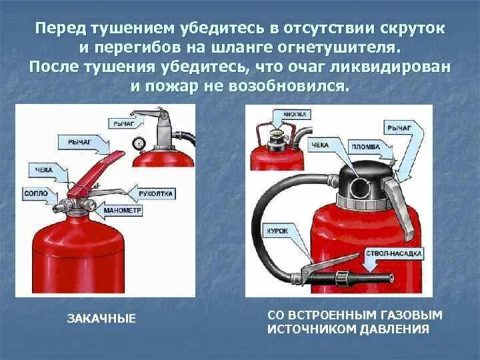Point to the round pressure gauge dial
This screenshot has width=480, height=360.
click(139, 142)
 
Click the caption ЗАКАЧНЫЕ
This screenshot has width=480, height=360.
click(101, 319)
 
